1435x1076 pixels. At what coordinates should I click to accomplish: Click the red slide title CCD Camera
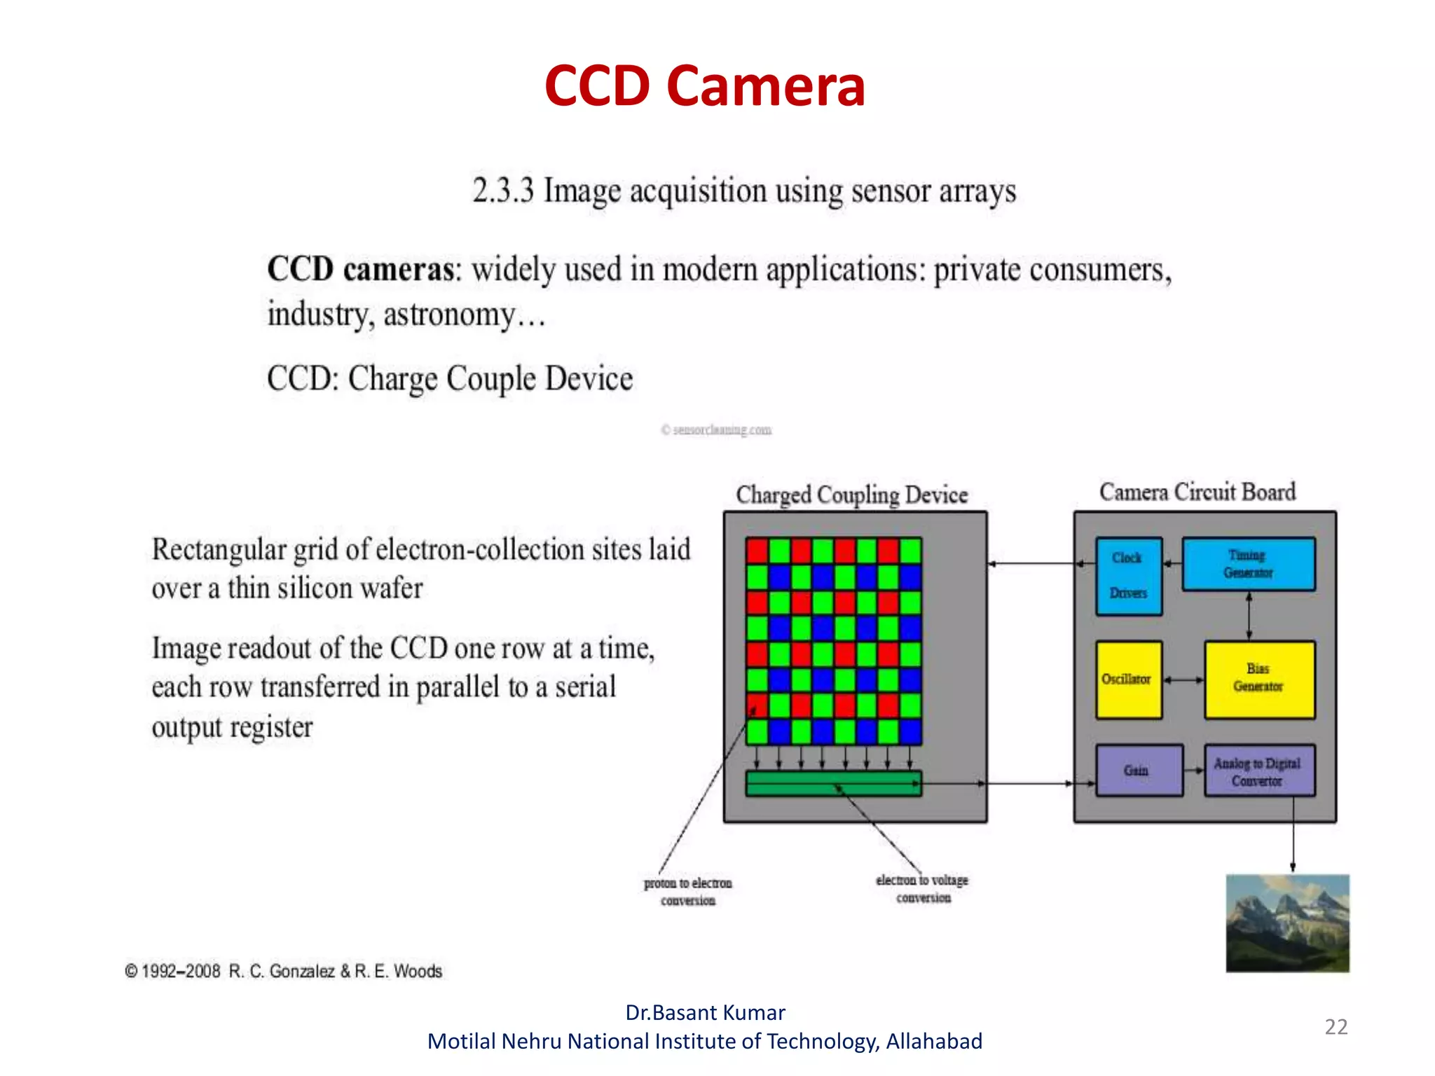pyautogui.click(x=705, y=86)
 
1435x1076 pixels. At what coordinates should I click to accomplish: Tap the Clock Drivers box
pyautogui.click(x=1128, y=576)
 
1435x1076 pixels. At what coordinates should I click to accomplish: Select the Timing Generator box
pyautogui.click(x=1248, y=564)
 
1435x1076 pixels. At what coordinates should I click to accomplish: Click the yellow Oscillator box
pyautogui.click(x=1128, y=680)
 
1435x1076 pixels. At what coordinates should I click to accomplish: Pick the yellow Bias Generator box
pyautogui.click(x=1259, y=679)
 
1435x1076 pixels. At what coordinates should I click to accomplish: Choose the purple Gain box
pyautogui.click(x=1138, y=771)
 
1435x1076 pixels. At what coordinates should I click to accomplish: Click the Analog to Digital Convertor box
pyautogui.click(x=1258, y=771)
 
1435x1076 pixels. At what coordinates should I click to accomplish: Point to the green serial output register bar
pyautogui.click(x=833, y=783)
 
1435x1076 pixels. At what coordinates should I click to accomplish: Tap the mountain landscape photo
pyautogui.click(x=1287, y=923)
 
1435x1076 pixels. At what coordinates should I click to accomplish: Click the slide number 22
pyautogui.click(x=1336, y=1027)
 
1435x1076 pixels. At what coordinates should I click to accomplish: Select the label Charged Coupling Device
pyautogui.click(x=851, y=495)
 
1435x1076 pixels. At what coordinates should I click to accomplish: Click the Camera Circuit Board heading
pyautogui.click(x=1197, y=492)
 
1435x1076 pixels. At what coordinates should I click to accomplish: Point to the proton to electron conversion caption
pyautogui.click(x=688, y=892)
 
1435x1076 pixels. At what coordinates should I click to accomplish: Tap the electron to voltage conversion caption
pyautogui.click(x=922, y=889)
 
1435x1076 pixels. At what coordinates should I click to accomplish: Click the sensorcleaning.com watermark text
pyautogui.click(x=717, y=429)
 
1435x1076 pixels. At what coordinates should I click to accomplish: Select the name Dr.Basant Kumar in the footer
pyautogui.click(x=705, y=1013)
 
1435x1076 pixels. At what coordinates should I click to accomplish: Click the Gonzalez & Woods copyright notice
pyautogui.click(x=284, y=971)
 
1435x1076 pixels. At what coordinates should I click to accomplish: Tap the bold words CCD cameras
pyautogui.click(x=361, y=270)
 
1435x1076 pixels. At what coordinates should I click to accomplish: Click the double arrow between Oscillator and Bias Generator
pyautogui.click(x=1183, y=680)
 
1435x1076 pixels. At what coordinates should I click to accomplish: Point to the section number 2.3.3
pyautogui.click(x=502, y=191)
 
